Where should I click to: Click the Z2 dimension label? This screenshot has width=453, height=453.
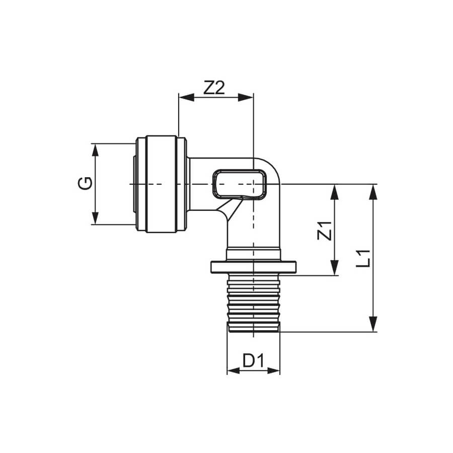coord(214,88)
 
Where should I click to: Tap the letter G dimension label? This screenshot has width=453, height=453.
coord(85,183)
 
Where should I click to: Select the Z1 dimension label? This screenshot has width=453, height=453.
coord(325,231)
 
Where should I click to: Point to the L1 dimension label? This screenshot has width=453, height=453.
coord(363,258)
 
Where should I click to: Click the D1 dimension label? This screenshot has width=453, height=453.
coord(253,361)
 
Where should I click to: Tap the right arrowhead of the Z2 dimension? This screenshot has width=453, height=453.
coord(246,98)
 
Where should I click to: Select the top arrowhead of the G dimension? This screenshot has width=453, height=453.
coord(95,150)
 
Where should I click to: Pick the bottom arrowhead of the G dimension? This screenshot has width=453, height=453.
coord(95,218)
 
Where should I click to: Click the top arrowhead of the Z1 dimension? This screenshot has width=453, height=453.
coord(334,192)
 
